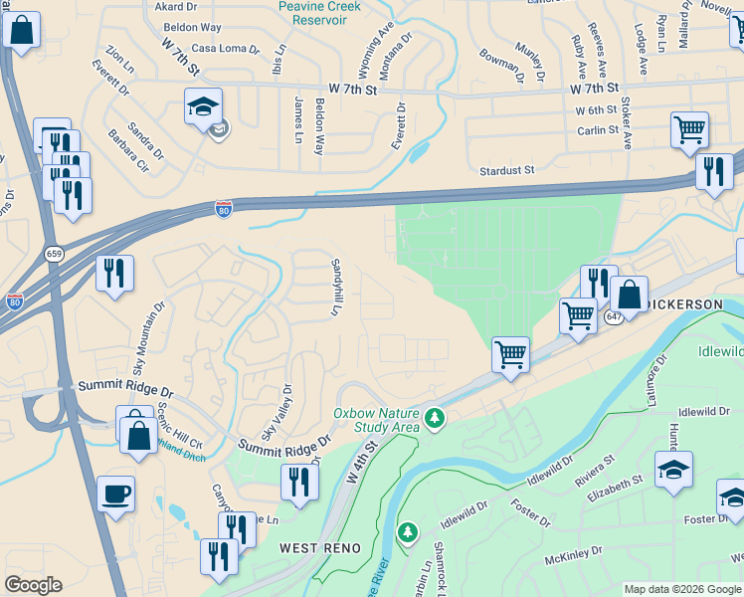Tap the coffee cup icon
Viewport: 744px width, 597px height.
(115, 494)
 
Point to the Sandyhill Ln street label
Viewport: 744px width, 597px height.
(335, 288)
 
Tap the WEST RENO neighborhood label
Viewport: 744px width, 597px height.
(313, 547)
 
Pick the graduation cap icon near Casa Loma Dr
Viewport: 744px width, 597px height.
(203, 106)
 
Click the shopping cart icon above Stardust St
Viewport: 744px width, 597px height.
(689, 130)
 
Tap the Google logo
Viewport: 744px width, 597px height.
(33, 585)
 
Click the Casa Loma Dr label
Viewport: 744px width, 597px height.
(225, 48)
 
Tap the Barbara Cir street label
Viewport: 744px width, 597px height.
(128, 148)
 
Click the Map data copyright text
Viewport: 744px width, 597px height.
(681, 589)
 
